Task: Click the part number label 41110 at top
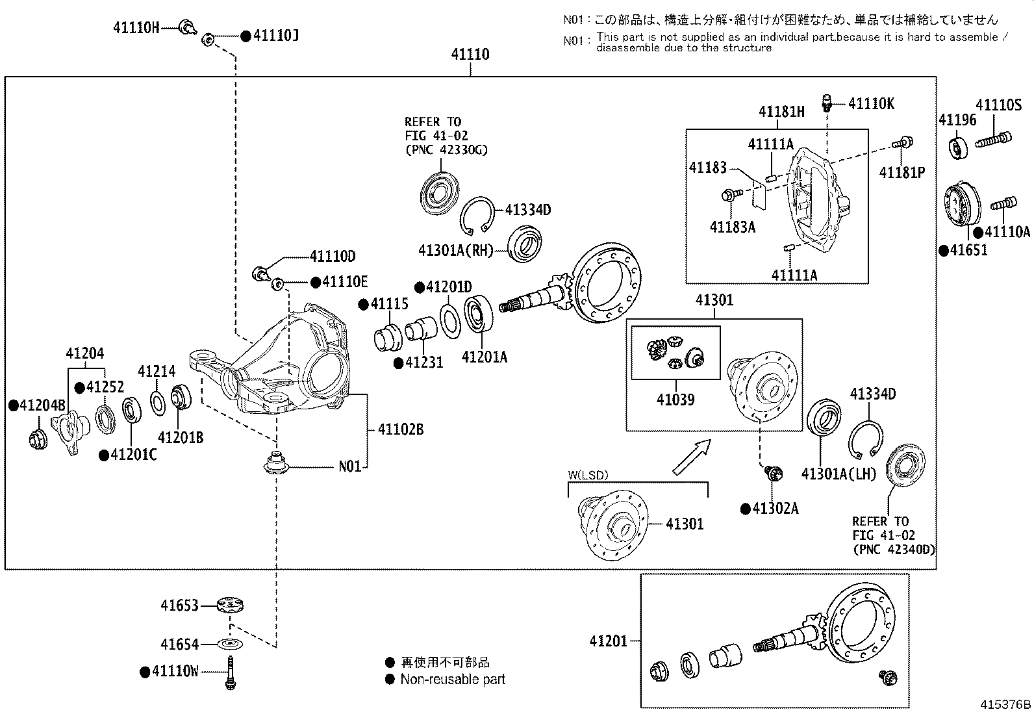pyautogui.click(x=470, y=55)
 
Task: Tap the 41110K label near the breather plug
pyautogui.click(x=872, y=103)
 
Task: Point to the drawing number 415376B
pyautogui.click(x=1006, y=704)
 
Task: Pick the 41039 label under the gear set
pyautogui.click(x=675, y=400)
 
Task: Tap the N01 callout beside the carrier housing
pyautogui.click(x=349, y=466)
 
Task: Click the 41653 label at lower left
pyautogui.click(x=180, y=606)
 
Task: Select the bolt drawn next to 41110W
pyautogui.click(x=230, y=672)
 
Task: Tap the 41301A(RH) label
pyautogui.click(x=456, y=250)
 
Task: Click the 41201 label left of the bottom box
pyautogui.click(x=609, y=641)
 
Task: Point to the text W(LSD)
pyautogui.click(x=588, y=475)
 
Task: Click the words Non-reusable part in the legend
pyautogui.click(x=453, y=680)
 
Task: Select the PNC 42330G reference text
pyautogui.click(x=446, y=149)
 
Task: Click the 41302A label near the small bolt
pyautogui.click(x=775, y=509)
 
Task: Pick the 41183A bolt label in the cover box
pyautogui.click(x=733, y=227)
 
